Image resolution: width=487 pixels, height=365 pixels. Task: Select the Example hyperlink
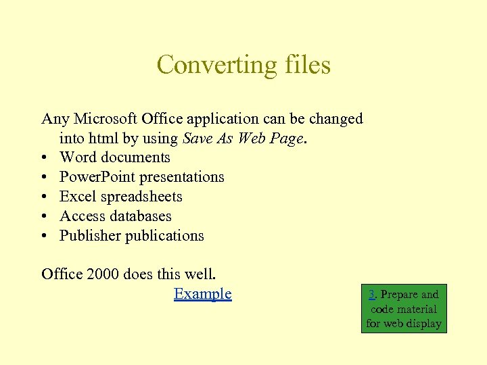202,293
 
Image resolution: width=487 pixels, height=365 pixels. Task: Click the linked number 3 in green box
372,295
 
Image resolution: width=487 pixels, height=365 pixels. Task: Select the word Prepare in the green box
399,295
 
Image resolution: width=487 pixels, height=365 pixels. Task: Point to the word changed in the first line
336,119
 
